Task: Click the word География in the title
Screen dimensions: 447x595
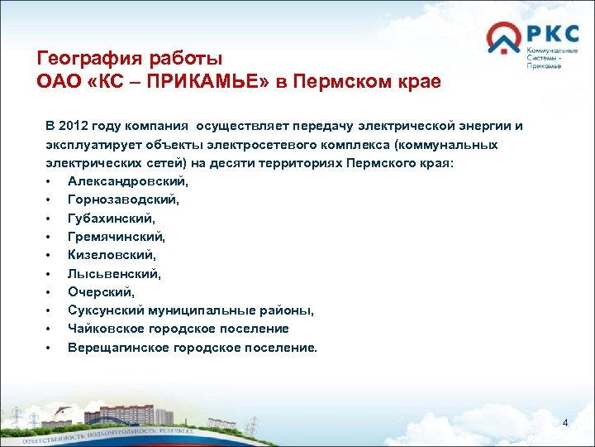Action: click(x=88, y=59)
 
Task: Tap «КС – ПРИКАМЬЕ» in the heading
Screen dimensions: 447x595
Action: click(x=175, y=82)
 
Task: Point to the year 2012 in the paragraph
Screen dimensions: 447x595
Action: click(x=77, y=126)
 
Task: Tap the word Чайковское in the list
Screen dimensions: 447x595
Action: click(x=107, y=329)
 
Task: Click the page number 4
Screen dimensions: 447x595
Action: click(x=565, y=423)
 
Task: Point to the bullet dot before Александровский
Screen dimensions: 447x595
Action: click(x=50, y=181)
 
